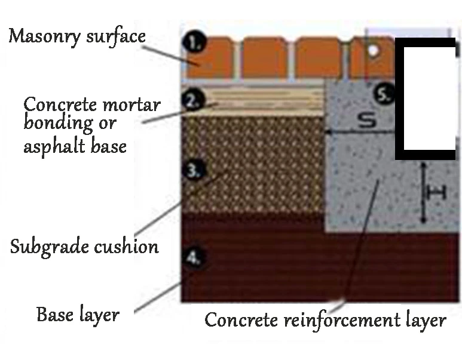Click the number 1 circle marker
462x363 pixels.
coord(194,43)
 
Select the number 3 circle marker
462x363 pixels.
coord(193,171)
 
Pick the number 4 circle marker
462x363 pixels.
coord(193,258)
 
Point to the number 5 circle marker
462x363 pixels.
coord(386,94)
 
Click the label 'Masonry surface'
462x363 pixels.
coord(77,36)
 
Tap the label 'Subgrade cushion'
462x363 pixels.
coord(84,245)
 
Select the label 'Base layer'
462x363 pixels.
coord(78,313)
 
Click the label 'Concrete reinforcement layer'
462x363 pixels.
coord(325,320)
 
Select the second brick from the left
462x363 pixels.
coord(264,57)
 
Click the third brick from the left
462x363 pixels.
coord(317,57)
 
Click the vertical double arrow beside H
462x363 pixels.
coord(423,192)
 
